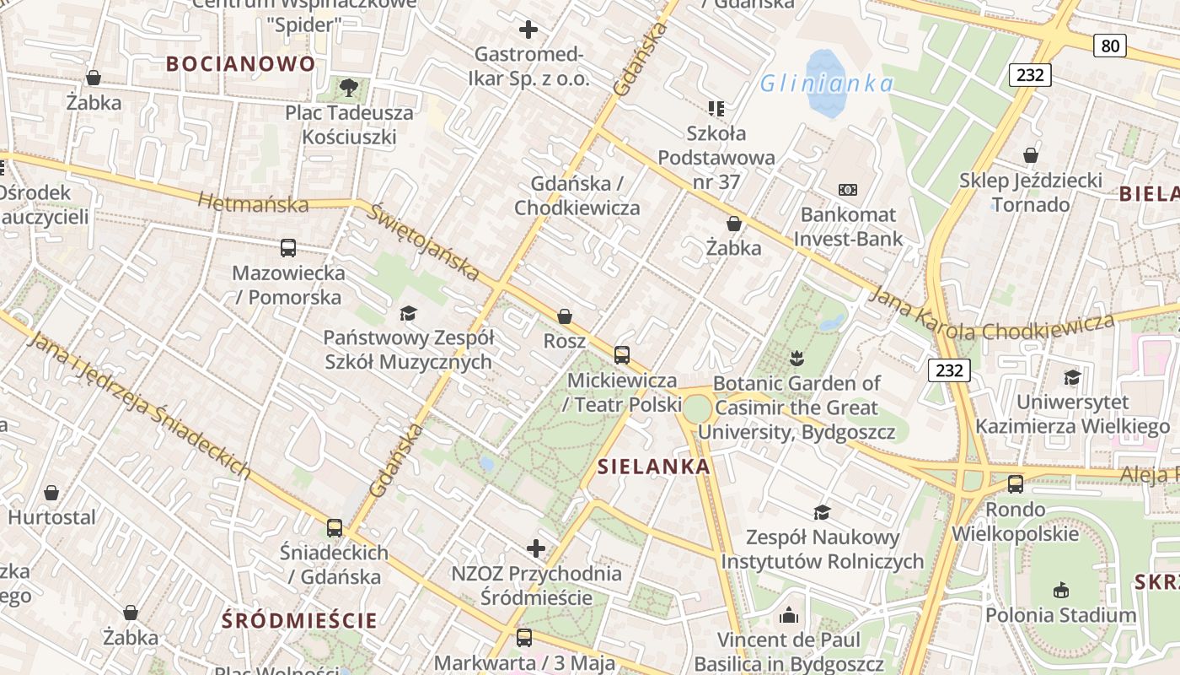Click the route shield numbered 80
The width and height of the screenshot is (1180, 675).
click(1110, 46)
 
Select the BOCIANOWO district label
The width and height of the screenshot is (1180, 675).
click(240, 63)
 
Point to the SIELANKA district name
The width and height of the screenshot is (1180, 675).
click(654, 467)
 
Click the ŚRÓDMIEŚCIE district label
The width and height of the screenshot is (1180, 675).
click(299, 621)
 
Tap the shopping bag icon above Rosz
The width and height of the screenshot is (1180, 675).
click(565, 316)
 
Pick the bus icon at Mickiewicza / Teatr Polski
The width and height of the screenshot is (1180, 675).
click(622, 355)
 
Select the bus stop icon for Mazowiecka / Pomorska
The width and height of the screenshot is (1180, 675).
click(288, 248)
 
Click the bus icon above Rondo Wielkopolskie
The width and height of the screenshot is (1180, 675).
click(1016, 484)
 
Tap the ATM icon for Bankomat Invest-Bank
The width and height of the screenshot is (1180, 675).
click(847, 190)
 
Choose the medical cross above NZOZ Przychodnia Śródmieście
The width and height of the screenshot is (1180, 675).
click(536, 549)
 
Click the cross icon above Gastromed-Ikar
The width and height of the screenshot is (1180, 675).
click(528, 30)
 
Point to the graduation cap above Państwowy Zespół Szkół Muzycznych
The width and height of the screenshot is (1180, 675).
click(408, 314)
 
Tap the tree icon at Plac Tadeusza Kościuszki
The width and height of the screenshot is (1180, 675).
click(348, 87)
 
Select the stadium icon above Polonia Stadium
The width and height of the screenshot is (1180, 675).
click(1060, 590)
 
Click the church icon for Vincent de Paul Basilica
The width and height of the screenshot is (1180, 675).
click(789, 615)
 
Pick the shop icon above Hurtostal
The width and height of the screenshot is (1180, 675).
click(51, 493)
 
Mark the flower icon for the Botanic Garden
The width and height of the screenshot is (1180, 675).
click(796, 359)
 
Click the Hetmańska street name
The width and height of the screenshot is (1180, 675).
click(253, 203)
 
